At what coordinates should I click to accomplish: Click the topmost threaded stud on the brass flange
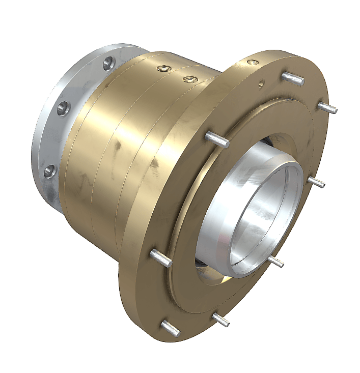[293, 78]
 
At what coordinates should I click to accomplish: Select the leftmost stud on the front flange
[161, 257]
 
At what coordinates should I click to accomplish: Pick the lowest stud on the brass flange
[171, 328]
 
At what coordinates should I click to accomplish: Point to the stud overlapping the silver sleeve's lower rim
[275, 261]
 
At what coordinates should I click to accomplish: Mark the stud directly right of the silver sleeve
[316, 182]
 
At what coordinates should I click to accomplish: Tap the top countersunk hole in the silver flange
[108, 64]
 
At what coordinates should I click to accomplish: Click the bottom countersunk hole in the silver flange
[49, 171]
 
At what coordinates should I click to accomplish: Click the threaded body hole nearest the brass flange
[189, 80]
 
